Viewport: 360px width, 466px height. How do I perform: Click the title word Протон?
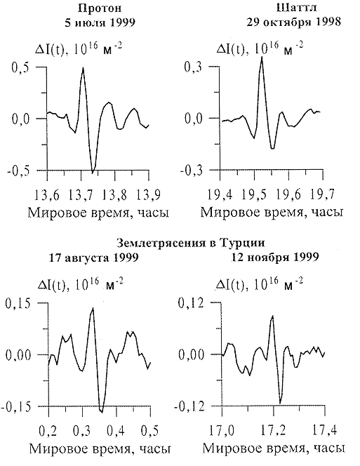[100, 8]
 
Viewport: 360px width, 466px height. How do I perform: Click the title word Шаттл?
[296, 8]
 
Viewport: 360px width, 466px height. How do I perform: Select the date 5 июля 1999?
[100, 22]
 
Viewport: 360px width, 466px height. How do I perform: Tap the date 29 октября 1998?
[294, 22]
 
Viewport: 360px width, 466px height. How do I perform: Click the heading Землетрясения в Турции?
[191, 243]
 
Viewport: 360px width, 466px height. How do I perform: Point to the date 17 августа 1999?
[93, 258]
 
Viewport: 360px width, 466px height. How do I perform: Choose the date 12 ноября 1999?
[275, 257]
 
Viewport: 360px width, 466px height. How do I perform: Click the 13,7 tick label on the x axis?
[81, 195]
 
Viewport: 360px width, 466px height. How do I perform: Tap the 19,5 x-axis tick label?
[253, 195]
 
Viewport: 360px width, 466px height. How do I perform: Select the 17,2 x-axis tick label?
[273, 430]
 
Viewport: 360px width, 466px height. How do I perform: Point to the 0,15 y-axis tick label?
[18, 304]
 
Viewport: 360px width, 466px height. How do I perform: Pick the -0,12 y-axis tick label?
[189, 406]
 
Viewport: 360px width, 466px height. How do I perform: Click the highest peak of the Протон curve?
[84, 68]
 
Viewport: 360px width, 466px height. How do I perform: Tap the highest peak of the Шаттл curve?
[262, 56]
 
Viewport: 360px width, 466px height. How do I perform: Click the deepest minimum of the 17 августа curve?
[102, 412]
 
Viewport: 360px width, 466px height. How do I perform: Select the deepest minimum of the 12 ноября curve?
[280, 403]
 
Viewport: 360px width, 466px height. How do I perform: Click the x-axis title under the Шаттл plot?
[272, 213]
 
